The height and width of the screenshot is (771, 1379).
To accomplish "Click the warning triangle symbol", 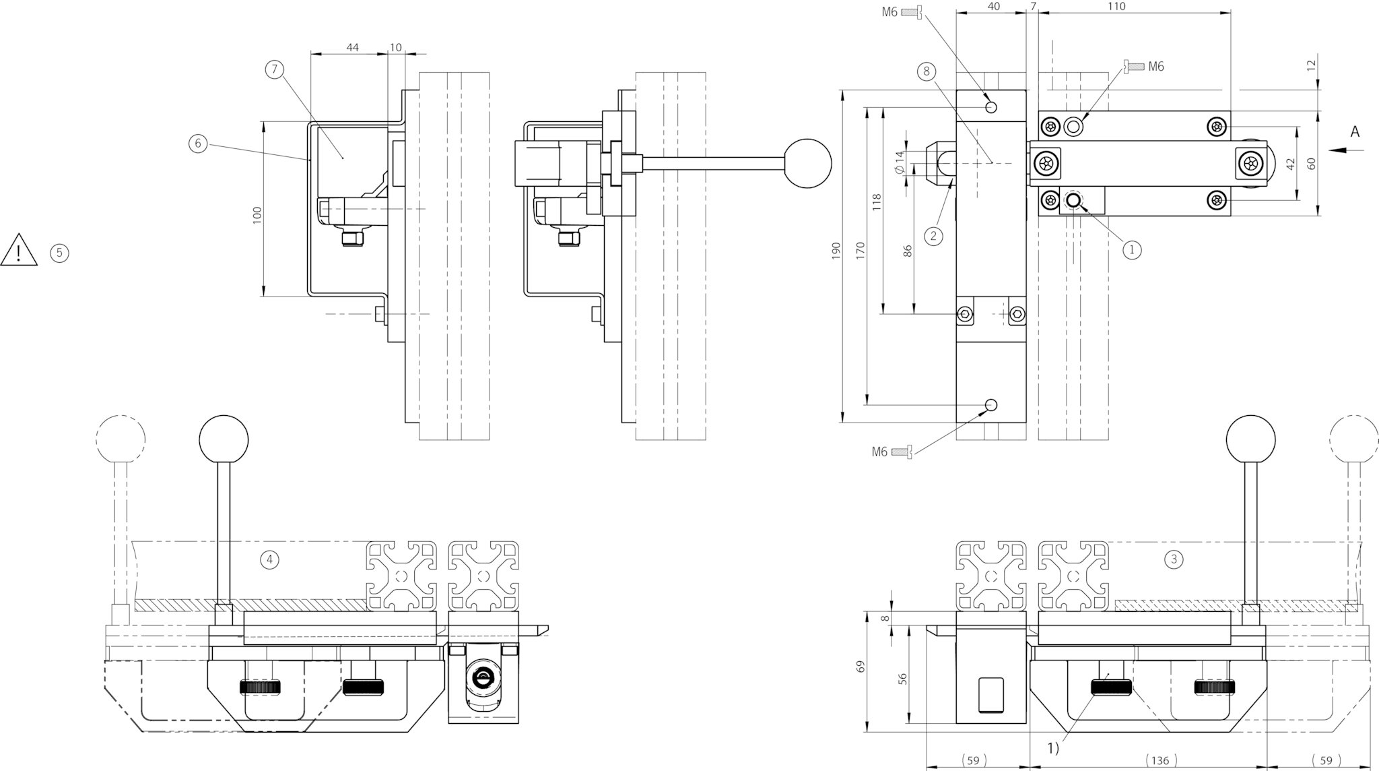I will [x=20, y=250].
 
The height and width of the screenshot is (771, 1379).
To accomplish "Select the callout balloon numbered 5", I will [x=59, y=253].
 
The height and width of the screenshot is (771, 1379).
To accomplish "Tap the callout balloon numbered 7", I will [x=274, y=69].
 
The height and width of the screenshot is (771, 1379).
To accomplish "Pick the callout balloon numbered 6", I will [x=197, y=144].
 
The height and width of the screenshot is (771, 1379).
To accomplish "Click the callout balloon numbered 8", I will [x=927, y=71].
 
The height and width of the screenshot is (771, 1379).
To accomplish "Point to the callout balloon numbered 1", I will [x=1131, y=249].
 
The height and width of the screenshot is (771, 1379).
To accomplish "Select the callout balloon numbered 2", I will [x=933, y=236].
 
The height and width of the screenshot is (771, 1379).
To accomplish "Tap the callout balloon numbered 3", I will [x=1174, y=559].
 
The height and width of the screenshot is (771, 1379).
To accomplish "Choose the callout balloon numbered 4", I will [x=269, y=559].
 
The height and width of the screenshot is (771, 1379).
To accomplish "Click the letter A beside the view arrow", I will [x=1355, y=132].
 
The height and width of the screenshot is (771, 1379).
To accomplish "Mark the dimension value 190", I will [x=836, y=251].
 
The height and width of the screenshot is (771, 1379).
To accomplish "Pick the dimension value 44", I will [x=352, y=47].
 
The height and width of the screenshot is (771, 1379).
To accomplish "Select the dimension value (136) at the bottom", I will [x=1159, y=760].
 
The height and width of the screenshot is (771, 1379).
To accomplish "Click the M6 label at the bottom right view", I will [x=879, y=452].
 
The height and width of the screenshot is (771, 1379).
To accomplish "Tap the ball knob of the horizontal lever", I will [x=808, y=163].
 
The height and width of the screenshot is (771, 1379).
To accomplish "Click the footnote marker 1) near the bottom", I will [x=1053, y=747].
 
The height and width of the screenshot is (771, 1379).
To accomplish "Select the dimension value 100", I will [x=257, y=216].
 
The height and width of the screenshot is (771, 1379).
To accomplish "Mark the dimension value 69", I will [x=860, y=667].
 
